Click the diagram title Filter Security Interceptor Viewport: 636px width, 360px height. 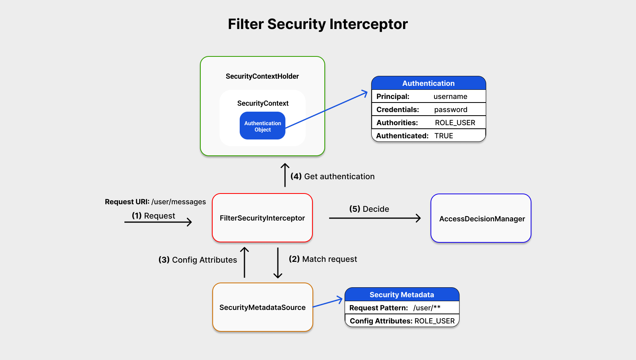[x=318, y=24]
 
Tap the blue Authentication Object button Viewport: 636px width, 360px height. [x=262, y=126]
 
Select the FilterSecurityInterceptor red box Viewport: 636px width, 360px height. [x=262, y=218]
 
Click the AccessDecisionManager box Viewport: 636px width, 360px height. [x=481, y=219]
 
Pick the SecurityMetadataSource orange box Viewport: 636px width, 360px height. [x=262, y=307]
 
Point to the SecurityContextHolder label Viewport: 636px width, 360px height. [x=262, y=76]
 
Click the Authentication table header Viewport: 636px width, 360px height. [x=428, y=83]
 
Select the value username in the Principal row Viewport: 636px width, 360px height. [x=450, y=97]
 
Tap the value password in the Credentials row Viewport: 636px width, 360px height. [x=450, y=110]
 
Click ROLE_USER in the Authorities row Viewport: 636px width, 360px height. [x=455, y=123]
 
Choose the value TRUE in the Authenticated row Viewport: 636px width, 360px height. [x=444, y=136]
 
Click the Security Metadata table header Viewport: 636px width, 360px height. [x=401, y=295]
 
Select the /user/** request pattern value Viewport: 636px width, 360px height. [x=427, y=308]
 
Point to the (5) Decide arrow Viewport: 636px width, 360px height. [x=374, y=218]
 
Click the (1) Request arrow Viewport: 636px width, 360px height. [x=158, y=222]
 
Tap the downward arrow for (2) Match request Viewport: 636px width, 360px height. [x=278, y=263]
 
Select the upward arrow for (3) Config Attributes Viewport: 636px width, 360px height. [x=244, y=263]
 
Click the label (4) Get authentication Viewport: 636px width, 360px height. [x=332, y=176]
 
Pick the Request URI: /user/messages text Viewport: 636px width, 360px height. [x=155, y=202]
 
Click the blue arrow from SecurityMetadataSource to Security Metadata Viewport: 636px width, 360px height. [x=328, y=303]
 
